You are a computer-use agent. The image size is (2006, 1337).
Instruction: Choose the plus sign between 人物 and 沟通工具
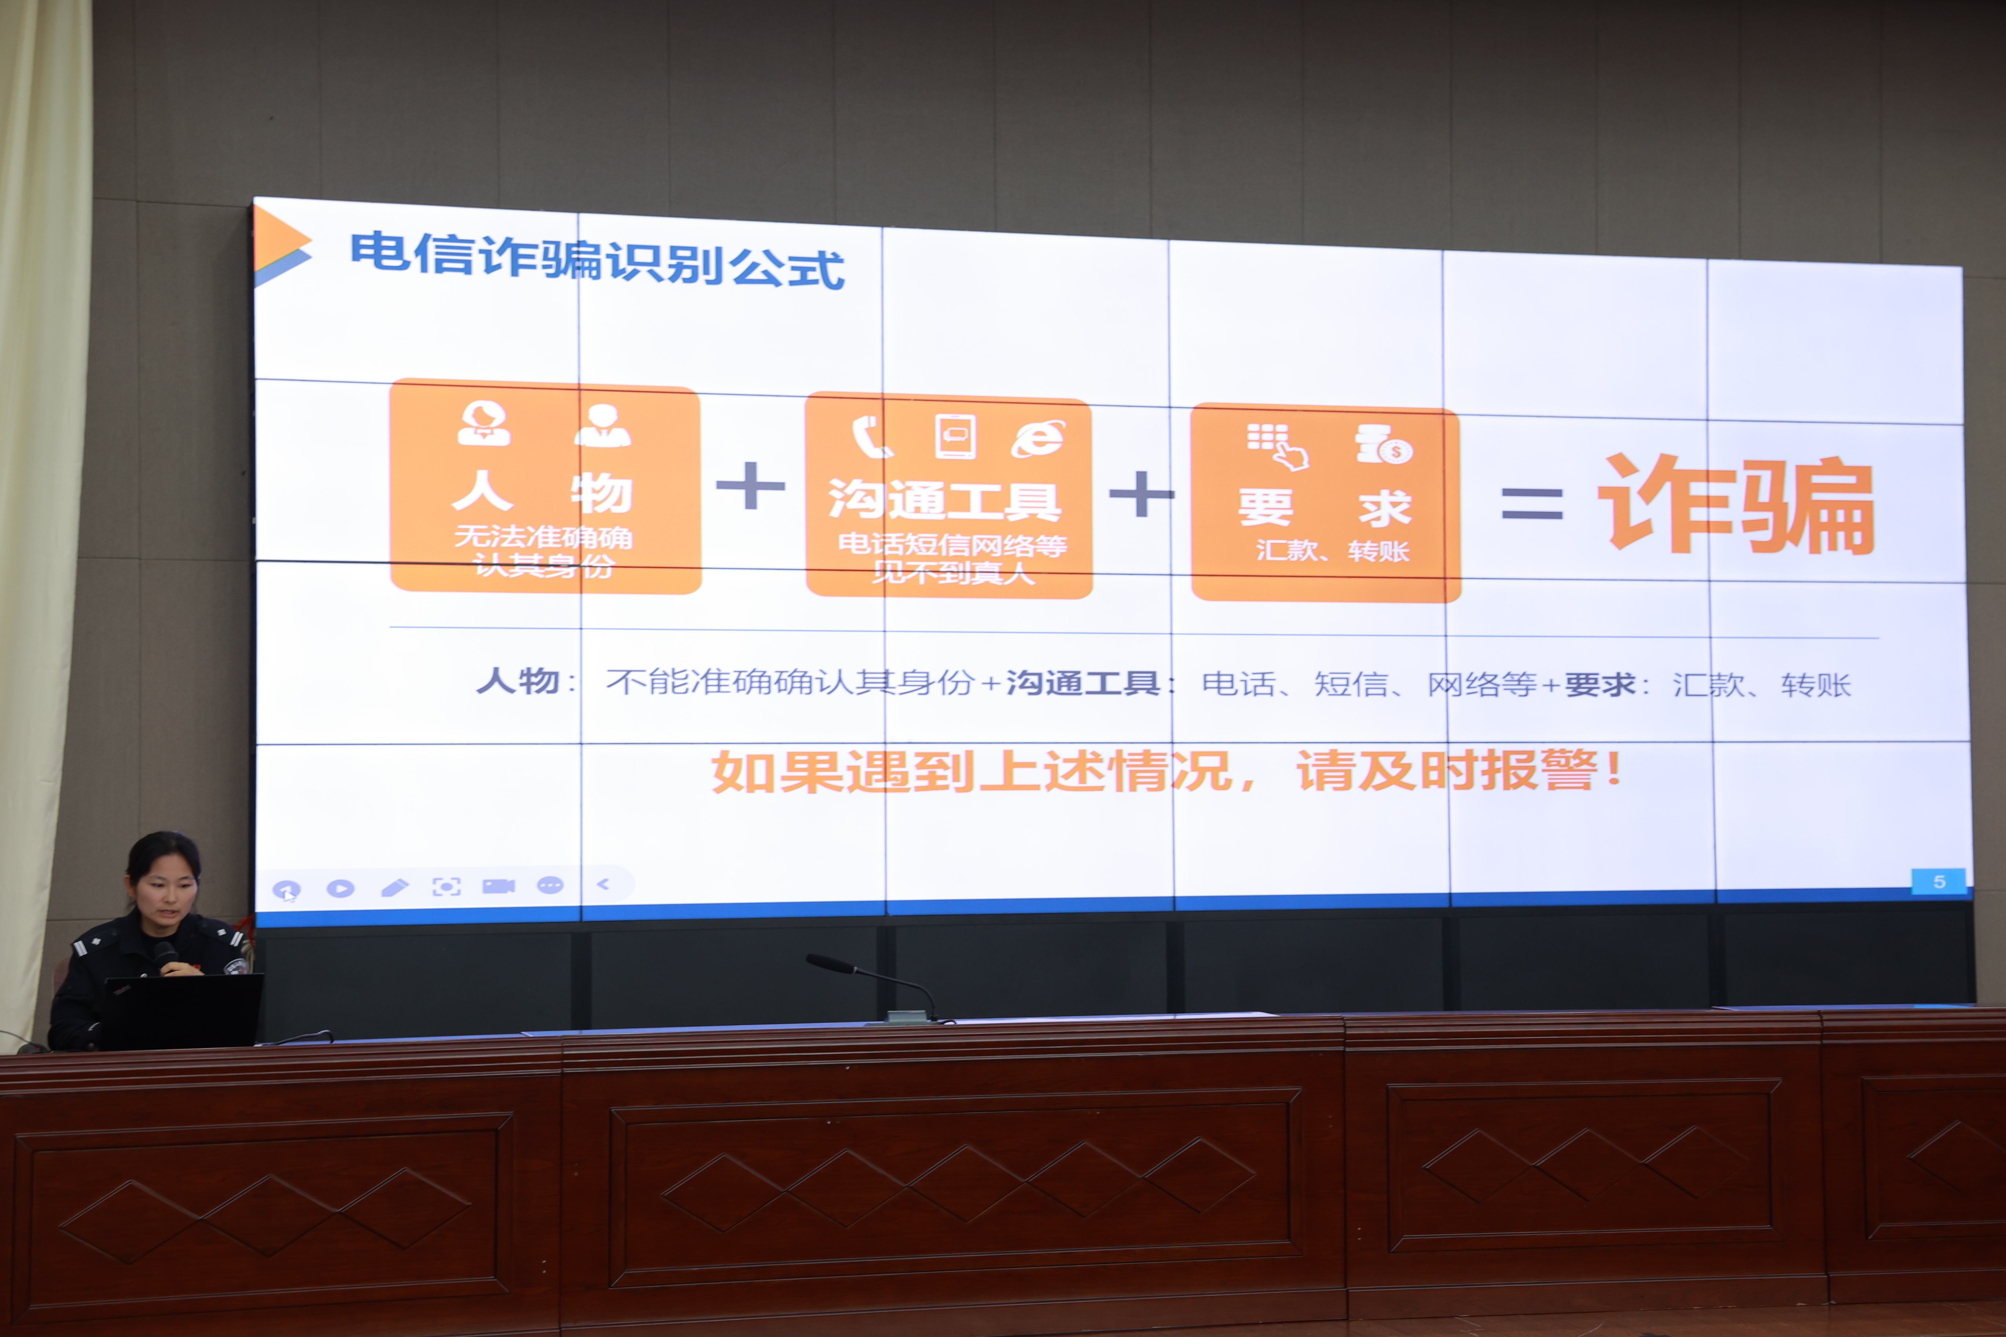coord(750,485)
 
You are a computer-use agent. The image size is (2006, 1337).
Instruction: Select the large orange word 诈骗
coord(1735,505)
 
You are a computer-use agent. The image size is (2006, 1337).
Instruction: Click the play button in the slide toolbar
coord(340,888)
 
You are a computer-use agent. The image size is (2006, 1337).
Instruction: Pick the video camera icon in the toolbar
coord(499,886)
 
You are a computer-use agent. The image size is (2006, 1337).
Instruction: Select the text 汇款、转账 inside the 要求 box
coord(1332,550)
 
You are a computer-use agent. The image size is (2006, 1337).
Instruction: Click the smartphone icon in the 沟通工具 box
coord(955,437)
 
